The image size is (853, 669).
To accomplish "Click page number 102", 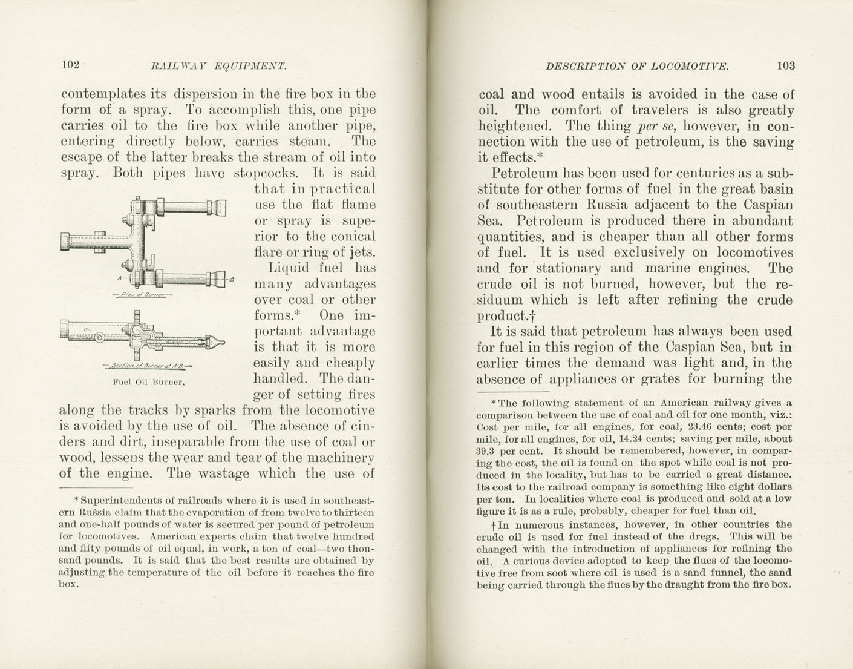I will [71, 65].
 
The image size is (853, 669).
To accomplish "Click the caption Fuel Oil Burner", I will [149, 383].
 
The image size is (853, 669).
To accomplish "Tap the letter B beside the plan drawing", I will [232, 279].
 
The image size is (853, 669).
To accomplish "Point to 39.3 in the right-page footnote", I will [485, 451].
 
